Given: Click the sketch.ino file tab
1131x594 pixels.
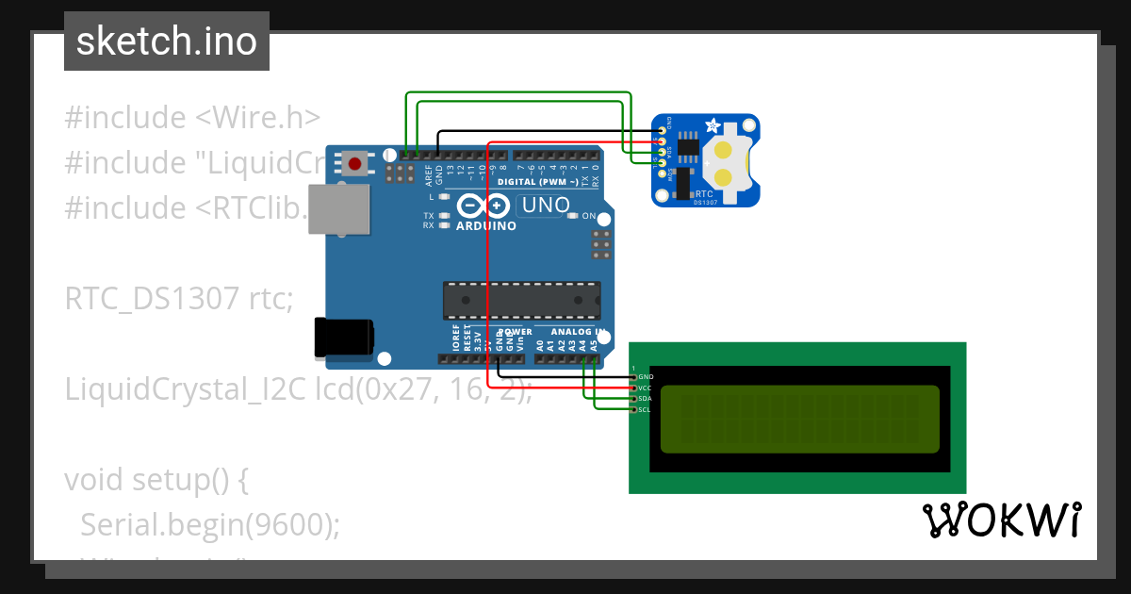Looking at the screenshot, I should tap(166, 41).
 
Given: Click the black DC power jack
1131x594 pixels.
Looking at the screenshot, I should tap(343, 338).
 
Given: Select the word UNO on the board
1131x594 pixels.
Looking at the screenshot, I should tap(545, 205).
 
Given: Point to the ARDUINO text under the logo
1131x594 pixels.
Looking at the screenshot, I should tap(485, 226).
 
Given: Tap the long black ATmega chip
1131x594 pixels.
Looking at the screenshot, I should tap(521, 300).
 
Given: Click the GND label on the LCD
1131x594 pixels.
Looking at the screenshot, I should tap(646, 376).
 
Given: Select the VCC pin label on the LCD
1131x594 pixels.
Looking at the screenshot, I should tap(646, 388).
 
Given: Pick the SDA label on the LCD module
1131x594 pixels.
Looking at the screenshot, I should tap(646, 399).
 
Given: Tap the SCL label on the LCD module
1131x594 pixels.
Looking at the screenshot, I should tap(646, 410).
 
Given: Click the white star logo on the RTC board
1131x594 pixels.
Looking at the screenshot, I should tap(713, 125).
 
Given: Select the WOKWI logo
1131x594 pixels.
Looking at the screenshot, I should tap(1001, 520).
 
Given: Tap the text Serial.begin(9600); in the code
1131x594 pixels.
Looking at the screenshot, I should tap(210, 525).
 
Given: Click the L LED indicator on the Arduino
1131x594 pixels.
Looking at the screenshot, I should tap(443, 197).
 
